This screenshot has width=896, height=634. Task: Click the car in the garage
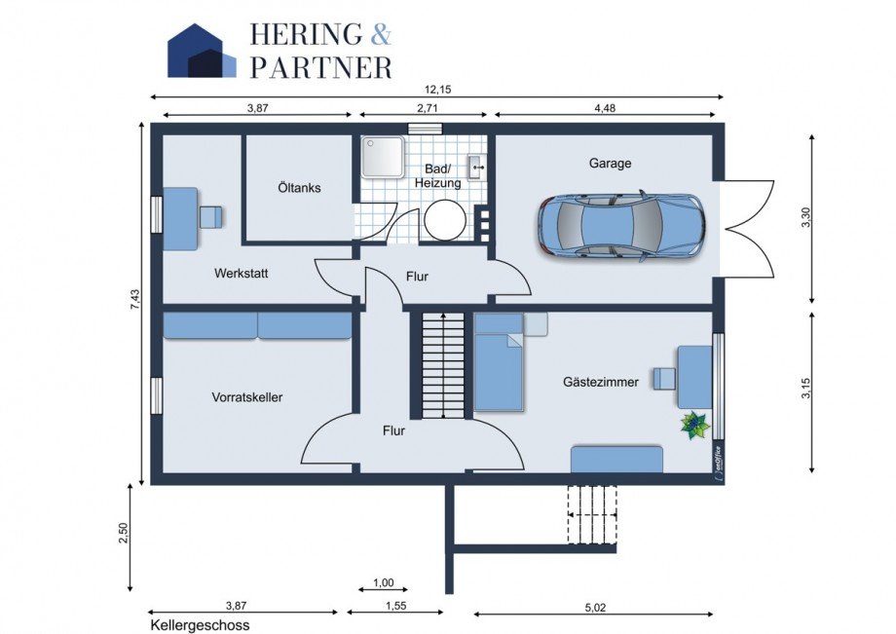point(621,226)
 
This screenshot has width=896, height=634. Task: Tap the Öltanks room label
point(298,188)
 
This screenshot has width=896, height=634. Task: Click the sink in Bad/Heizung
point(477,167)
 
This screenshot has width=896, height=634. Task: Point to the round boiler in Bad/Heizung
point(445,220)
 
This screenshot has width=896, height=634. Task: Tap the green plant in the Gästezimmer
point(695,425)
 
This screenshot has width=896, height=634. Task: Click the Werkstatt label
point(241,274)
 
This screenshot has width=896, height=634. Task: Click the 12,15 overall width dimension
point(436,89)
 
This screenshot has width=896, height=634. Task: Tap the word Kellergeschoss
point(200,625)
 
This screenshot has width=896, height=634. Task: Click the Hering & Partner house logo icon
point(202,51)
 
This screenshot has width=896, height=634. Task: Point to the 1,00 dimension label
point(383,582)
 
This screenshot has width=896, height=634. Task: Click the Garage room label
point(610,164)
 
